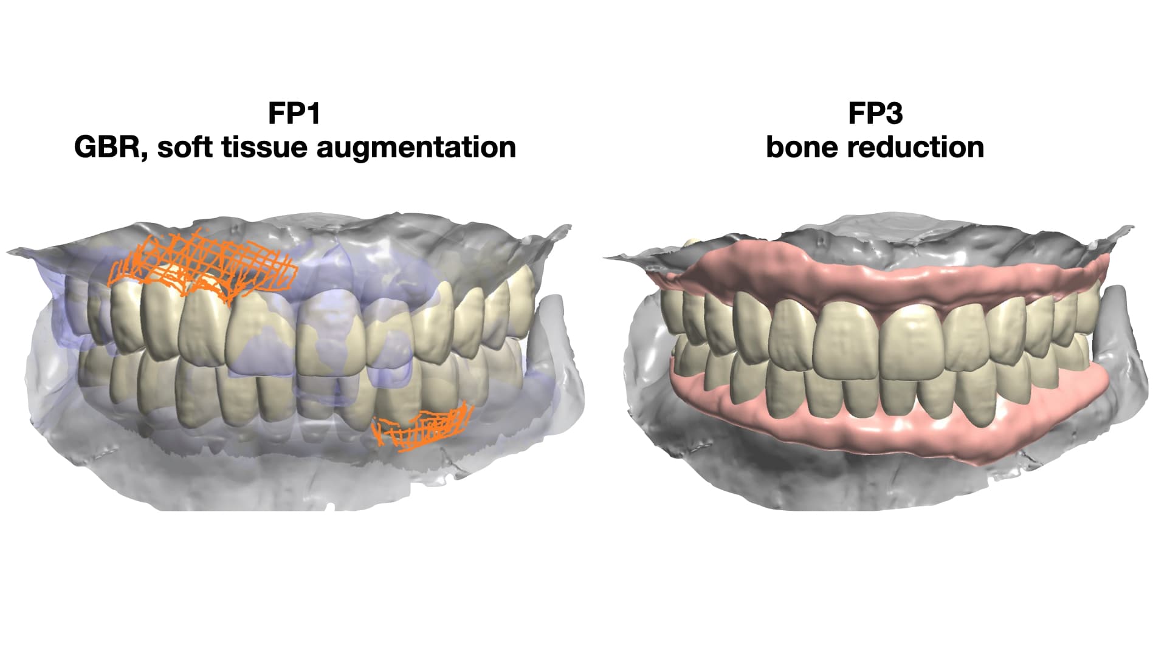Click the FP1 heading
(294, 114)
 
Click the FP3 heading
(875, 114)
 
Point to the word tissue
(265, 148)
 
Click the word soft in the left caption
(185, 148)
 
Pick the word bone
(797, 148)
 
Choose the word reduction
(911, 148)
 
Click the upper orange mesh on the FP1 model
(204, 262)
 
